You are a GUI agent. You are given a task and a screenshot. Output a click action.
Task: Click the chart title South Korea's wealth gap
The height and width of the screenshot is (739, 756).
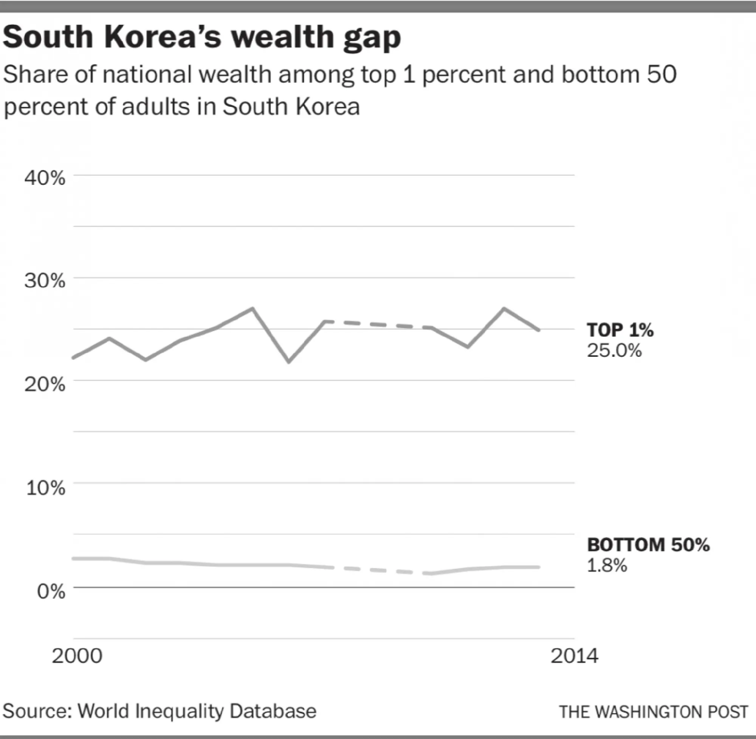201,38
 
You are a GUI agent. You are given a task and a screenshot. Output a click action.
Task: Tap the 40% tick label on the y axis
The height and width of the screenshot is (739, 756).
45,178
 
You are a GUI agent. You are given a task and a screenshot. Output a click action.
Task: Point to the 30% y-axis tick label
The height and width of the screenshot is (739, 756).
45,280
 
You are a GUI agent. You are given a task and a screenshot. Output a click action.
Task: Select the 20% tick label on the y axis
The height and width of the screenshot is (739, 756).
45,385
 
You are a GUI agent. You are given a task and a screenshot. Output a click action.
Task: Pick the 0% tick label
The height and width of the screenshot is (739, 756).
51,592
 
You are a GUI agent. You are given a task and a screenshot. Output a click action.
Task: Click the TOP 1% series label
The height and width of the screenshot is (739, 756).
620,330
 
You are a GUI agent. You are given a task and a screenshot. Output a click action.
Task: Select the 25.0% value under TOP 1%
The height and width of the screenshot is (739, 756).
614,351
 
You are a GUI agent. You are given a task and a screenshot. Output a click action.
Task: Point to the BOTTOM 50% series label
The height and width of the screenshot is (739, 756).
648,545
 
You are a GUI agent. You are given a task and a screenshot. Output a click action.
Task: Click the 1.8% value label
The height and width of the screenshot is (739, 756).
607,565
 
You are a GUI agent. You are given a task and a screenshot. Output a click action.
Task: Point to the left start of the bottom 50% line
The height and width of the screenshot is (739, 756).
74,559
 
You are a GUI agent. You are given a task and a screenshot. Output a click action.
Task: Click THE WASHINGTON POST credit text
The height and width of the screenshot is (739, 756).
654,712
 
